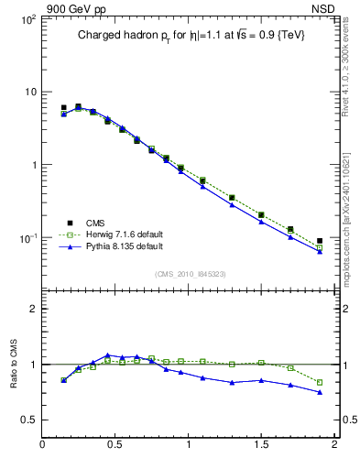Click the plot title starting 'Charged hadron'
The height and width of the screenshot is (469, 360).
pyautogui.click(x=191, y=34)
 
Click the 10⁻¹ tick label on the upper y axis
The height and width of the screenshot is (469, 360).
pyautogui.click(x=27, y=238)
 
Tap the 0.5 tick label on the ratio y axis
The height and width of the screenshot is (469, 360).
pyautogui.click(x=27, y=420)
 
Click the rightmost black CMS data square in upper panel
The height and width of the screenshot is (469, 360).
pyautogui.click(x=320, y=241)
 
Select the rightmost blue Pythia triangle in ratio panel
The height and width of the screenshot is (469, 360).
pyautogui.click(x=320, y=392)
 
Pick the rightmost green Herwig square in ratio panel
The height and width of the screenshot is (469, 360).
pyautogui.click(x=320, y=382)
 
